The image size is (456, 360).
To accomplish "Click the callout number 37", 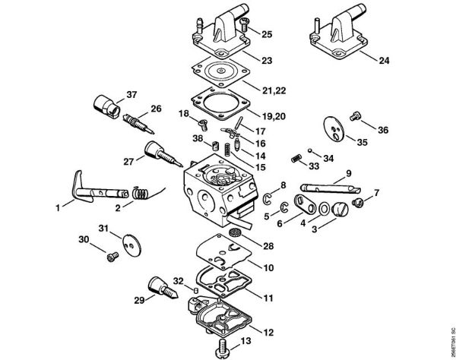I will tap(132, 95).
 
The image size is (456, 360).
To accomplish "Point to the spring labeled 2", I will tap(139, 195).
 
